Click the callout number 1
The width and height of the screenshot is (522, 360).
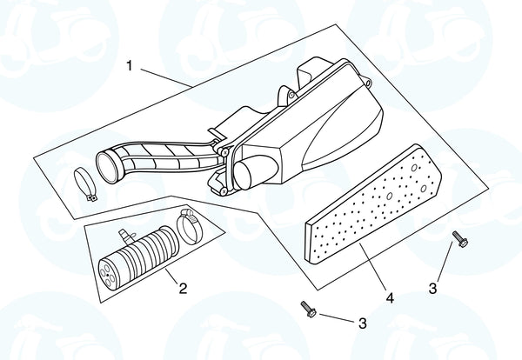point(130,65)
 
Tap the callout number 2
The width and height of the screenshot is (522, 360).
point(183,288)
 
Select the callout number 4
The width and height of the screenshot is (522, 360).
point(390,297)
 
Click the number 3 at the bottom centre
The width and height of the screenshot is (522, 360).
point(363,323)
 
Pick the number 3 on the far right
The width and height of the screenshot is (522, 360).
point(432,289)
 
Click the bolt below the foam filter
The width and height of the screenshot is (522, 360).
point(308,309)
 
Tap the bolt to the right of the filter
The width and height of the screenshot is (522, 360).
point(460,239)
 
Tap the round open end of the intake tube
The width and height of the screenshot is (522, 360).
point(108,167)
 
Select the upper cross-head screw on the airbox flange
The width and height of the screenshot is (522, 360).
point(225,152)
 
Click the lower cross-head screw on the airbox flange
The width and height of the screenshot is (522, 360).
point(224,191)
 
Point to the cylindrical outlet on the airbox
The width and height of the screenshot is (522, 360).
point(255,172)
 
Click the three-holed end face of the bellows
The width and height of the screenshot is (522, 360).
point(109,273)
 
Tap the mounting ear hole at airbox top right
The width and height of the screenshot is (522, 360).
point(367,83)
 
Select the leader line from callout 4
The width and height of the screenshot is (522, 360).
point(373,266)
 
